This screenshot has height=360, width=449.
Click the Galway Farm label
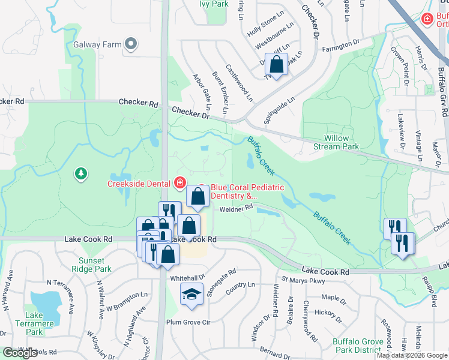coord(98,44)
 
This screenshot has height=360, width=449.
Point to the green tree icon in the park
coord(80,173)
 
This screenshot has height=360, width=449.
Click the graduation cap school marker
coord(191,295)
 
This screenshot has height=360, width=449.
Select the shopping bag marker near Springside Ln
coord(277,64)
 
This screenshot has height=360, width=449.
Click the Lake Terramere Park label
coord(34,323)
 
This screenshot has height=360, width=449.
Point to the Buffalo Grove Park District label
coord(358,346)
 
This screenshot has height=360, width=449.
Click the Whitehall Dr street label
coord(188,278)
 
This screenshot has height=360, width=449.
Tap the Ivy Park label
coord(214,4)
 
